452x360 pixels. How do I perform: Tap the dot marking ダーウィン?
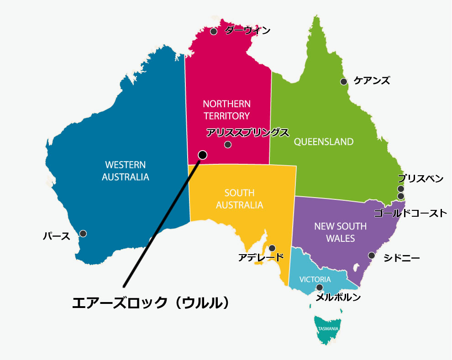214,31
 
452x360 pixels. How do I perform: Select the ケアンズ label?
372,81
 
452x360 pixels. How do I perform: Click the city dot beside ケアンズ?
343,82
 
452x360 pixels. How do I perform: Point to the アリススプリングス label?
247,133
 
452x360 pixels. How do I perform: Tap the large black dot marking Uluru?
203,155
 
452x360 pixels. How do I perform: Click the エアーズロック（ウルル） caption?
151,303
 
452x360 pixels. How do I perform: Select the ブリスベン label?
420,178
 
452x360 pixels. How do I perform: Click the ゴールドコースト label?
410,213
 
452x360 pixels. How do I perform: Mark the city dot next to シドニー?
372,256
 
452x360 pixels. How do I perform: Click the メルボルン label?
338,297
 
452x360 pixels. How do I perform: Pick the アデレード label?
261,258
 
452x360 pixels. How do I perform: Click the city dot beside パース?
83,234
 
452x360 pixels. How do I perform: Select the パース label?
57,236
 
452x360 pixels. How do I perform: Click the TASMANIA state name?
328,329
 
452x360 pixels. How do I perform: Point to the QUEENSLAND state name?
323,141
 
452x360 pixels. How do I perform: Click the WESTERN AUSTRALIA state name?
126,171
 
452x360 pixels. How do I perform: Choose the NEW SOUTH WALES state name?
340,232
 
